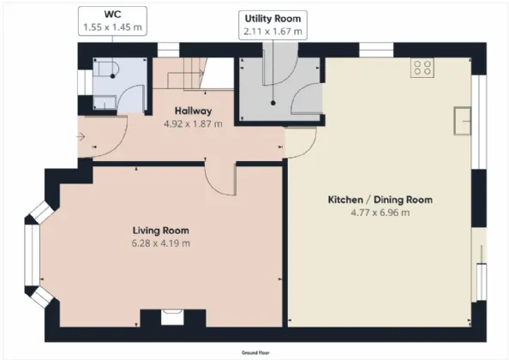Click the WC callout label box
(x=112, y=21)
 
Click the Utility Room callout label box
(x=272, y=25)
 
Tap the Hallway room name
(x=193, y=111)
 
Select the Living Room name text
(x=161, y=231)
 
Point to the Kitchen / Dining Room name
(x=380, y=200)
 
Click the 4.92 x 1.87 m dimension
(x=193, y=124)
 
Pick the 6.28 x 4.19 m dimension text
(x=161, y=243)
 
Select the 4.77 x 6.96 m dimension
(x=380, y=213)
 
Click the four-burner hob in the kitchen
(x=422, y=68)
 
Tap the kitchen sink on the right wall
(x=462, y=121)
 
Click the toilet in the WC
(x=106, y=69)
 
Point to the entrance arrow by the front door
(x=81, y=137)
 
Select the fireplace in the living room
(x=172, y=317)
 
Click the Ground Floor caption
(x=255, y=352)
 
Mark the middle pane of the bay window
(x=33, y=255)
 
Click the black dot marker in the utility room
(x=273, y=103)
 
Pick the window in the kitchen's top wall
(x=376, y=50)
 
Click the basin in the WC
(x=105, y=102)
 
